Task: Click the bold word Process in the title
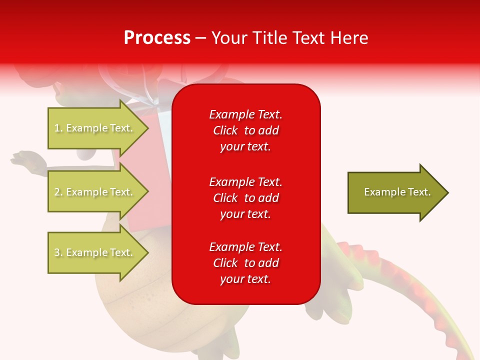tap(157, 38)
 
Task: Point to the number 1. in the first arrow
tap(58, 128)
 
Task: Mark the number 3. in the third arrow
tap(58, 253)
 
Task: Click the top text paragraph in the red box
tap(245, 130)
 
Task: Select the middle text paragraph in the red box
tap(245, 198)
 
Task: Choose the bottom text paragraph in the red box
tap(245, 263)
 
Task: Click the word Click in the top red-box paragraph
tap(225, 131)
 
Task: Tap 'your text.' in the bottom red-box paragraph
tap(245, 279)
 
